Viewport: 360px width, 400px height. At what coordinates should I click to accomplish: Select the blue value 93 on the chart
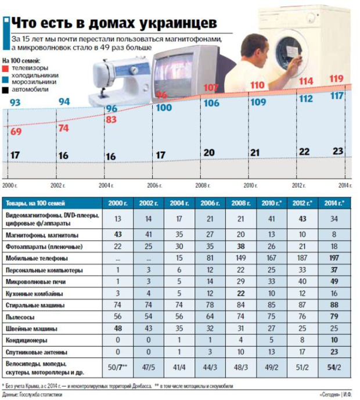[x=15, y=103]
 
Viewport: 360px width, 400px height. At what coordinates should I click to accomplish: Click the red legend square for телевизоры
[x=5, y=68]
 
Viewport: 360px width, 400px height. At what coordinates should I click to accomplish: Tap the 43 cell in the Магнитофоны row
[x=118, y=234]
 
